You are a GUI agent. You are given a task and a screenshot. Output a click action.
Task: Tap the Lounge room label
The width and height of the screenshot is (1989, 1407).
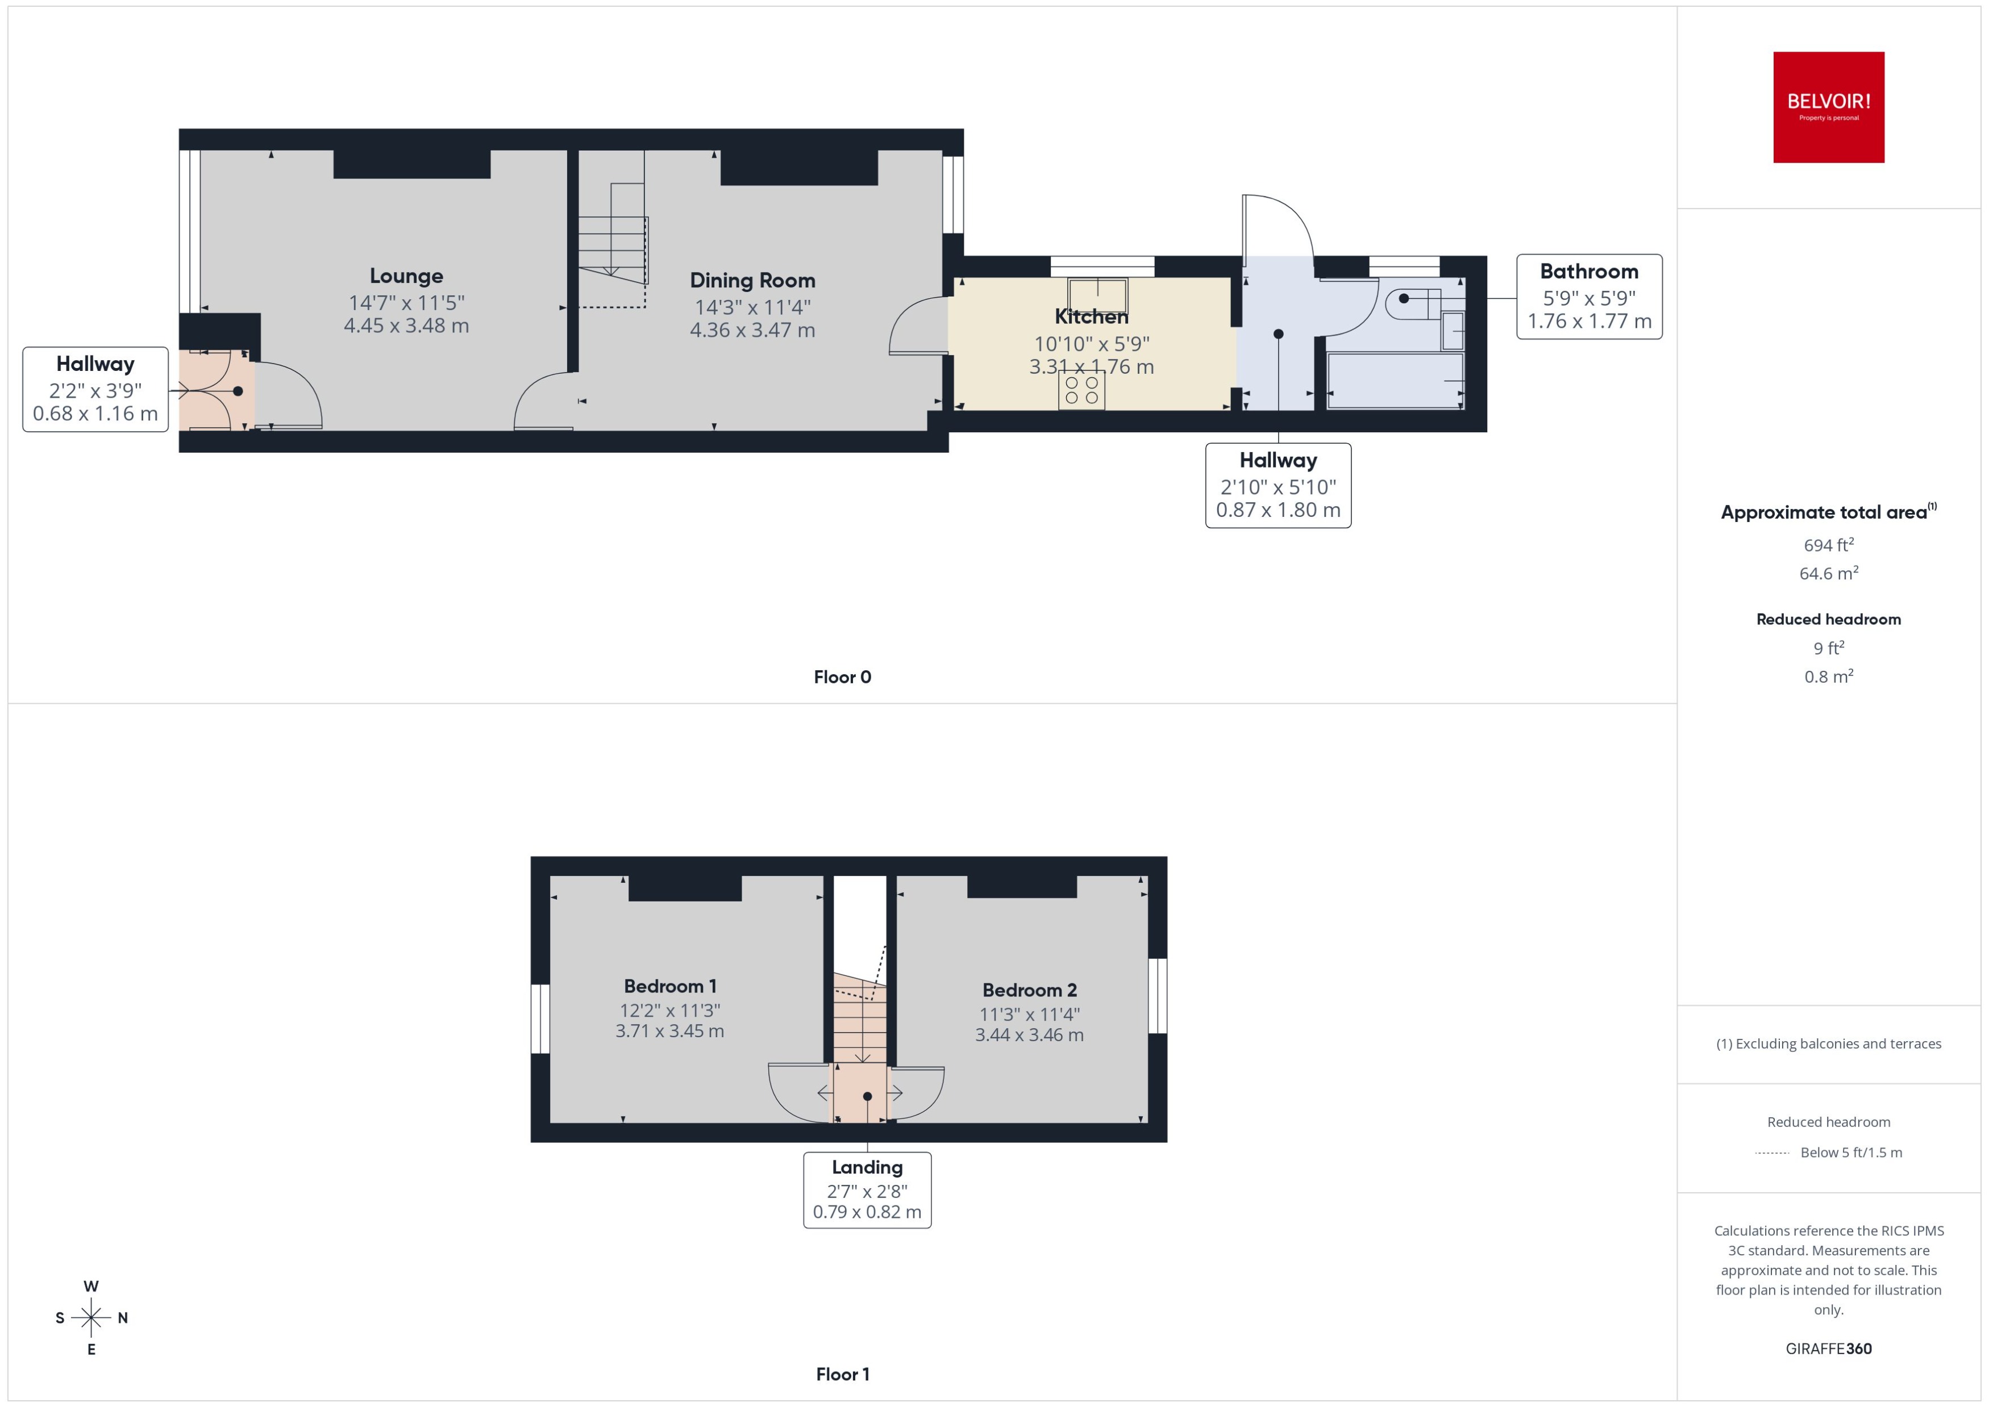click(406, 275)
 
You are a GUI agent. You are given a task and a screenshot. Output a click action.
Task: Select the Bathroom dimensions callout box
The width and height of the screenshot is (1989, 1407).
click(1588, 297)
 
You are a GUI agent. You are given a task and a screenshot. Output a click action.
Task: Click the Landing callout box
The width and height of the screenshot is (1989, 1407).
click(867, 1189)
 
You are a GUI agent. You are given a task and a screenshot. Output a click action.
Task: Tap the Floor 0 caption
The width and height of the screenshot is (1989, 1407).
click(842, 677)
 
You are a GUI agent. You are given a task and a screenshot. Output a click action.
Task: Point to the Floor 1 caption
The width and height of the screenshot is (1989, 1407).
click(842, 1374)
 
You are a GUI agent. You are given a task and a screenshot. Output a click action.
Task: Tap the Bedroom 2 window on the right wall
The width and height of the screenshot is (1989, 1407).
click(1157, 996)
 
